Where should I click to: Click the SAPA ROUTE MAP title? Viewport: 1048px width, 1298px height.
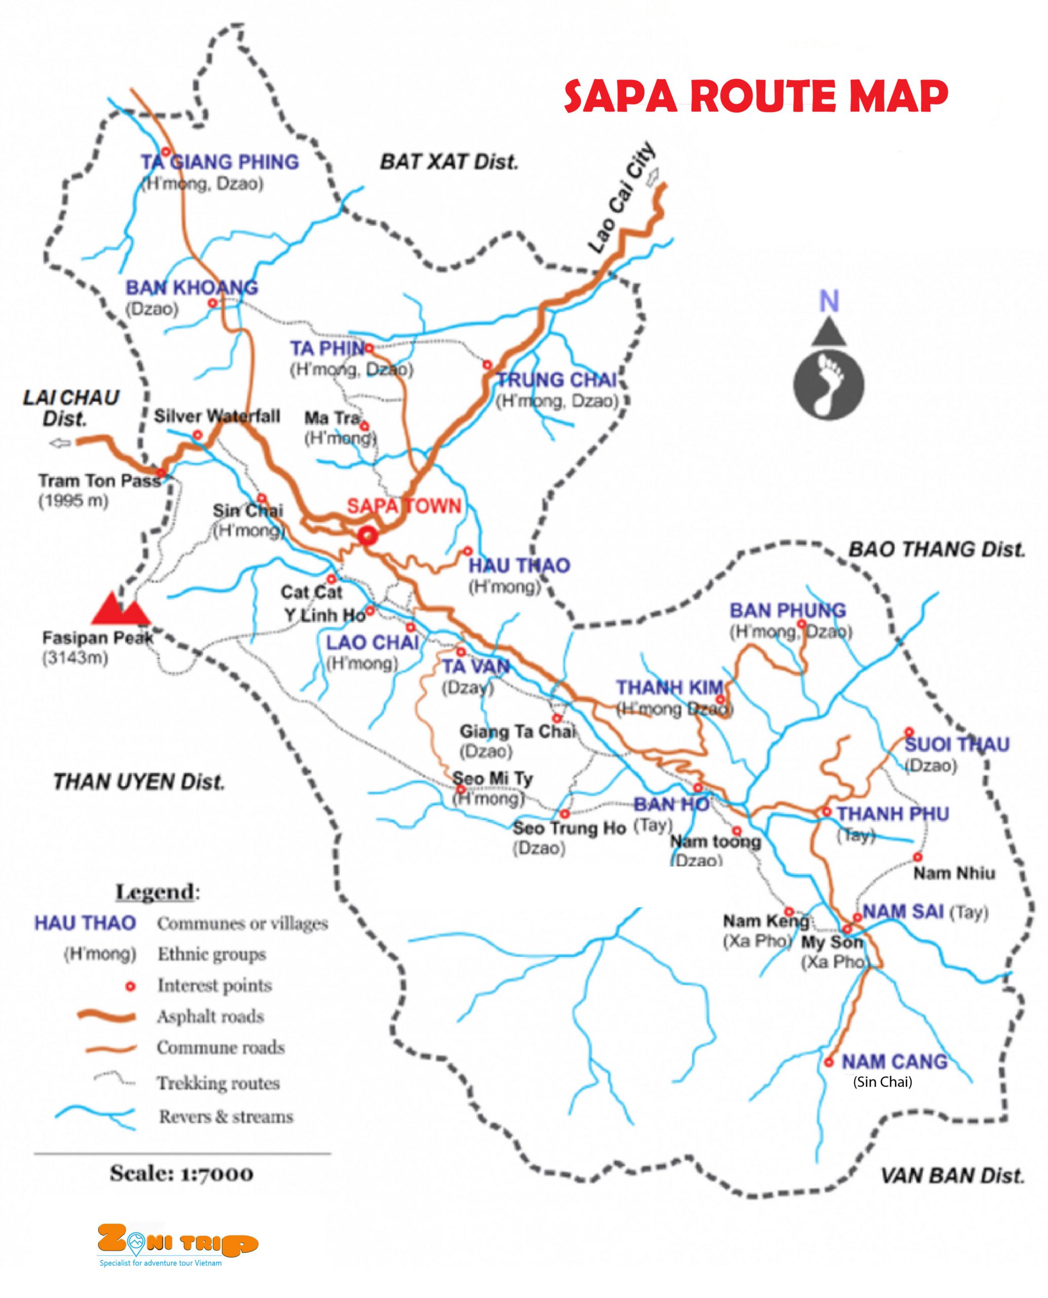click(756, 97)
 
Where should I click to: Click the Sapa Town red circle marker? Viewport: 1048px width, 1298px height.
click(367, 535)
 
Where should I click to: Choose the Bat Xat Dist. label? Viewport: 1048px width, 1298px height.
click(449, 162)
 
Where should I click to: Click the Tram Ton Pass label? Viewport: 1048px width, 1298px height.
click(99, 481)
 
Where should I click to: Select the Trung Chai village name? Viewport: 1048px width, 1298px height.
click(556, 380)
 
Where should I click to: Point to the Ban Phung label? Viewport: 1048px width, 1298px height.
click(787, 610)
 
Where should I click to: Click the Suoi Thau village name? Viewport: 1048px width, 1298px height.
click(957, 744)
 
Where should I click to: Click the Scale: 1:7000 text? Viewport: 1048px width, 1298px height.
click(182, 1173)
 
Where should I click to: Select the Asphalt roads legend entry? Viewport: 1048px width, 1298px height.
click(210, 1016)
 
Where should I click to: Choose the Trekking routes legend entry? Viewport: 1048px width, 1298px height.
click(218, 1083)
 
